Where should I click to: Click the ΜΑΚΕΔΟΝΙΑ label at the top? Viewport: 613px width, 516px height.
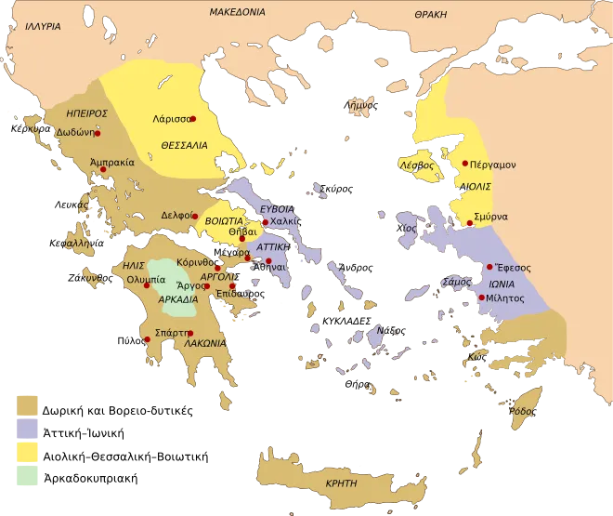pyautogui.click(x=237, y=12)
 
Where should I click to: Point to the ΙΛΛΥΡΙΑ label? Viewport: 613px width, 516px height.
pyautogui.click(x=42, y=27)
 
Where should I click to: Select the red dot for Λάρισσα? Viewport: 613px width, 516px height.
pyautogui.click(x=193, y=119)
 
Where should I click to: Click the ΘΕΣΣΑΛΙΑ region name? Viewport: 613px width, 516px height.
pyautogui.click(x=182, y=147)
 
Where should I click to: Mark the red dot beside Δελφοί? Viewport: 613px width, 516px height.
pyautogui.click(x=197, y=215)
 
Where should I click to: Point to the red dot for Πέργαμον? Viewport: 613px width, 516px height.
pyautogui.click(x=463, y=164)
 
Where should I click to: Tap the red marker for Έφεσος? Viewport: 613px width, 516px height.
pyautogui.click(x=489, y=267)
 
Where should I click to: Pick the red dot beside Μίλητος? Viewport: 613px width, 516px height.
pyautogui.click(x=481, y=298)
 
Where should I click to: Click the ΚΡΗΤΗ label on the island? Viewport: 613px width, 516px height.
pyautogui.click(x=341, y=484)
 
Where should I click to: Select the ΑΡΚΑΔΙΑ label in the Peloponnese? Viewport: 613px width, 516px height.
pyautogui.click(x=177, y=300)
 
